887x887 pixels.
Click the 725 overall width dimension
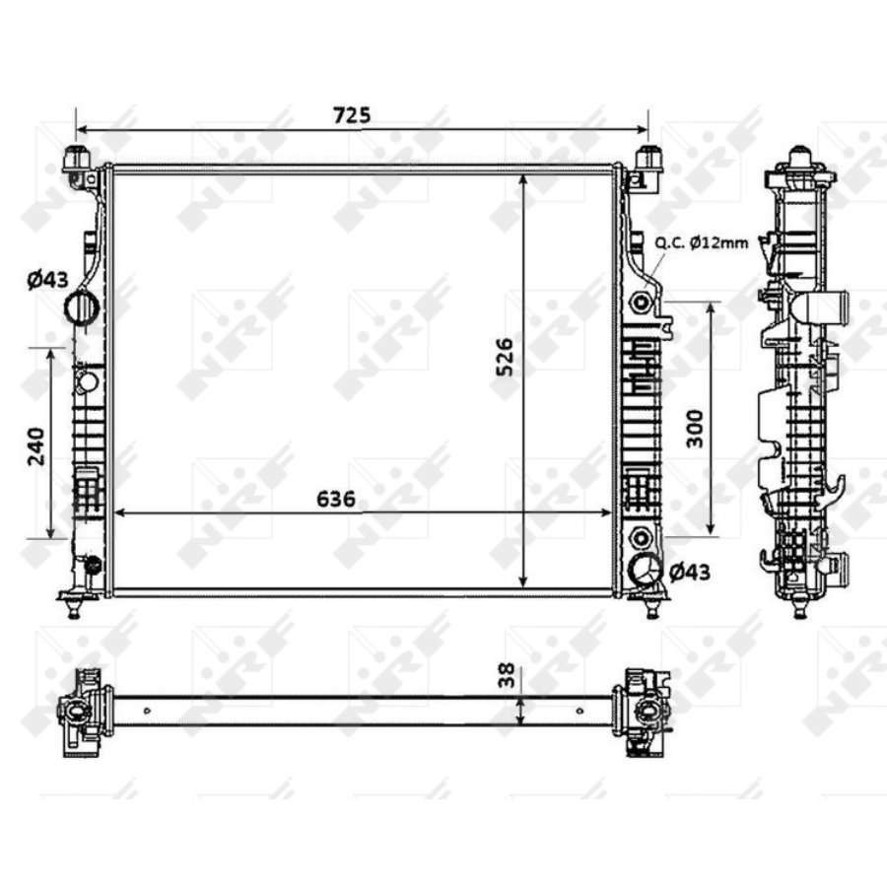coord(352,114)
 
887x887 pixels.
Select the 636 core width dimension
coord(335,499)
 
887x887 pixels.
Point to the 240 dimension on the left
coord(35,445)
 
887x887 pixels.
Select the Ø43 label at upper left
coord(46,280)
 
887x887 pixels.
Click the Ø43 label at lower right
coord(690,571)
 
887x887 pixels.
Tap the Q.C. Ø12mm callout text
coord(701,243)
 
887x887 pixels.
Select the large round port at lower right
coord(648,571)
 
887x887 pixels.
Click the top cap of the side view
coord(800,161)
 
